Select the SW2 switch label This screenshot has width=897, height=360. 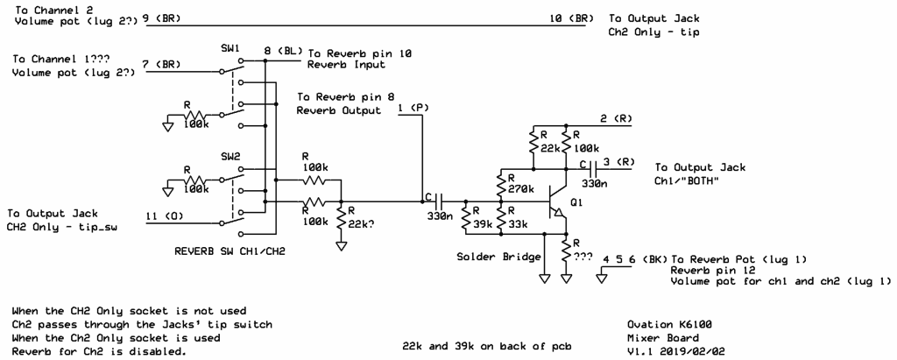tap(230, 156)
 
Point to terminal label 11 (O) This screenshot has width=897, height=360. tap(164, 216)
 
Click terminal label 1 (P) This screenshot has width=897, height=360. tap(414, 108)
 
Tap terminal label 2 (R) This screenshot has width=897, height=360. tap(616, 118)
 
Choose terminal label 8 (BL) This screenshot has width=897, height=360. tap(283, 51)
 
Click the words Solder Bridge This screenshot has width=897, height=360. tap(498, 257)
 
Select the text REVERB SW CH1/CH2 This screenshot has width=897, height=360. tap(229, 251)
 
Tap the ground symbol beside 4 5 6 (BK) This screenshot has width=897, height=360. tap(601, 278)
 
